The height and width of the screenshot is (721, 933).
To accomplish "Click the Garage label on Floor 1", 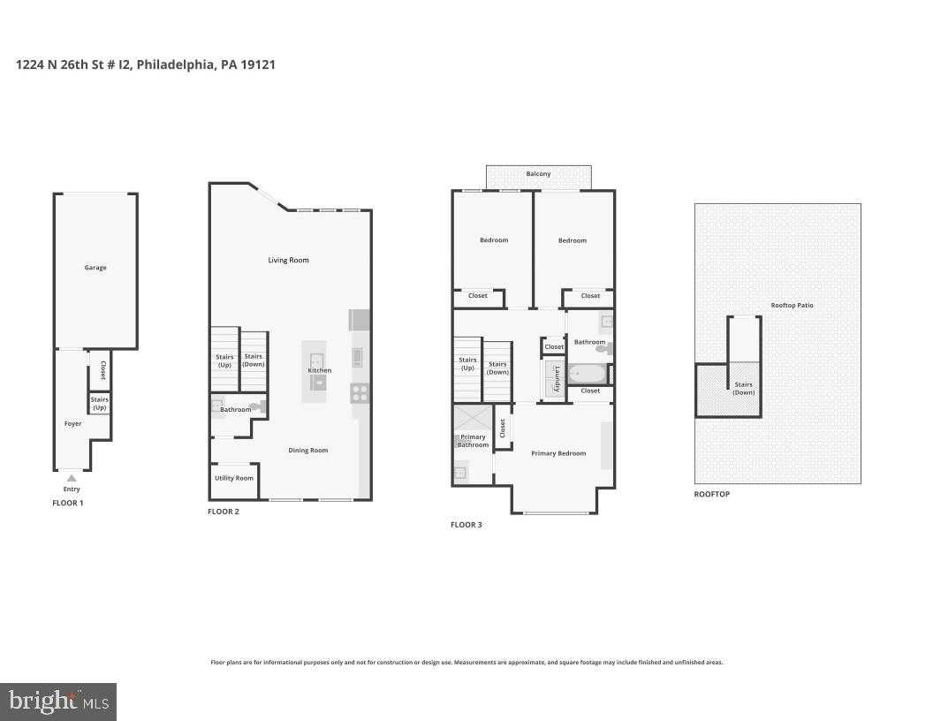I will click(95, 268).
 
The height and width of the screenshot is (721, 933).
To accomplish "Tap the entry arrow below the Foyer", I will click(72, 478).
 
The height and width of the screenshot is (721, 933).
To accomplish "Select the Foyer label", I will click(72, 424).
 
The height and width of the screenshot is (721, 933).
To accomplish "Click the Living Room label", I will click(288, 261).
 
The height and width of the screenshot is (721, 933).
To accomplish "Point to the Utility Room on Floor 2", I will click(233, 478).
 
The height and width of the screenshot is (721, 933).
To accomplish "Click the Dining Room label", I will click(307, 451).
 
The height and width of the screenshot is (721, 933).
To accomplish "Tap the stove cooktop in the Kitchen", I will click(360, 393).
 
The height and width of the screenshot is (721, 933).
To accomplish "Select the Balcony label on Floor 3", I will click(538, 174).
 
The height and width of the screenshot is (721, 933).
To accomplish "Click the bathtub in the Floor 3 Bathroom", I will click(586, 373).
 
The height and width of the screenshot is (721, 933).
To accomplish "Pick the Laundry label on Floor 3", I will click(557, 378).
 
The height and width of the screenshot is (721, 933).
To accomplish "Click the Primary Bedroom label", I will click(558, 453).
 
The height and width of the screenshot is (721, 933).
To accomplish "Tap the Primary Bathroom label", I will click(473, 441).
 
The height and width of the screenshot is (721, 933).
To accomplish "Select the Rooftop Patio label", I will click(792, 306).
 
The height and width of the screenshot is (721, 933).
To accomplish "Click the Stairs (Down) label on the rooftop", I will click(743, 389).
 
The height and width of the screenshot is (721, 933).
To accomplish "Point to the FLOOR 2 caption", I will click(224, 512).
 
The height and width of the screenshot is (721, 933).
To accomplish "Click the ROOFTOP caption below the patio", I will click(711, 494).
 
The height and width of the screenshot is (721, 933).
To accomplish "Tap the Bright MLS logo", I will click(58, 702).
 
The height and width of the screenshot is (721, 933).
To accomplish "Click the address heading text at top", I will click(146, 65).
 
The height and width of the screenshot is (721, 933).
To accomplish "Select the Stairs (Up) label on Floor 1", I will click(99, 404).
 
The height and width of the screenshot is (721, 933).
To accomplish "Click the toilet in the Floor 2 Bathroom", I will click(255, 407).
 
